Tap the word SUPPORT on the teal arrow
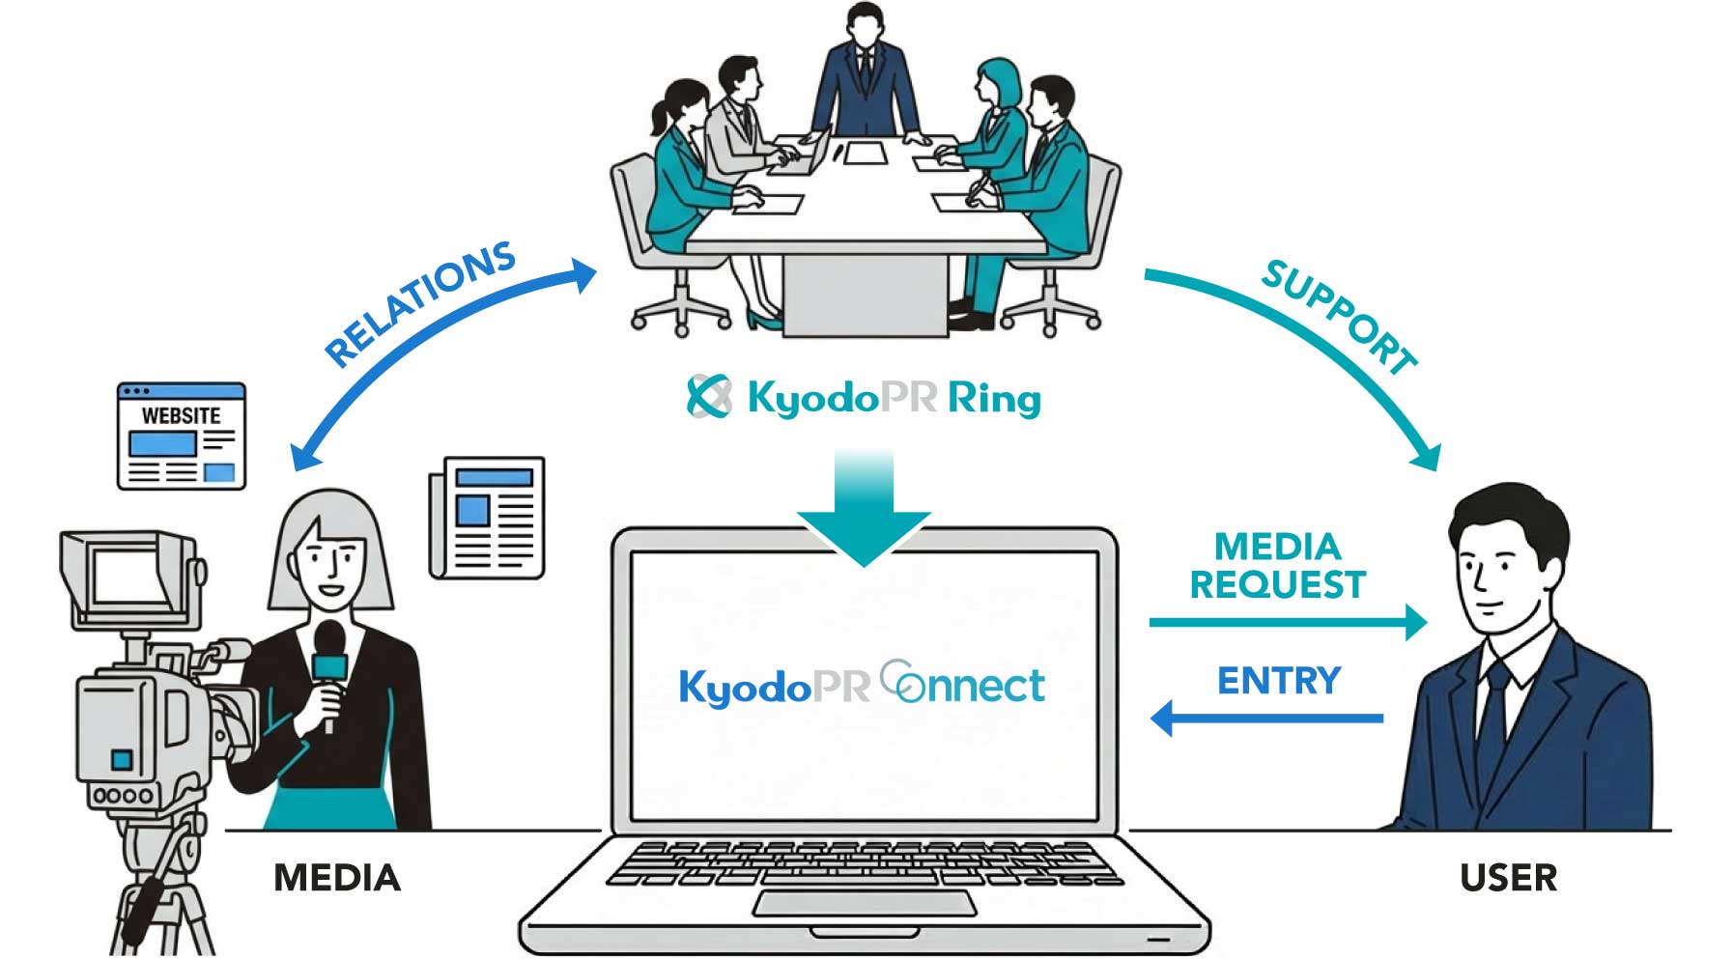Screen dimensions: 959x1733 click(x=1339, y=315)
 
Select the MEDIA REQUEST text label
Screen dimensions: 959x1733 click(x=1277, y=566)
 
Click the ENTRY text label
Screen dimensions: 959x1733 click(x=1279, y=681)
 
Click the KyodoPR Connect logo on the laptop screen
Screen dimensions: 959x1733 click(x=862, y=685)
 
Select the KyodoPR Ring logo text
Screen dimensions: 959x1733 click(x=864, y=397)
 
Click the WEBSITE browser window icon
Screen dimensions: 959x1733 click(x=182, y=436)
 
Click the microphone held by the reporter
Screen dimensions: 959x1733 click(x=329, y=666)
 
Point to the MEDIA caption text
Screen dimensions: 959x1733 click(x=336, y=878)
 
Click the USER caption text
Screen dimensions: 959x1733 click(x=1508, y=878)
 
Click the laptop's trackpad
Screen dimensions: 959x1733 click(x=865, y=904)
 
